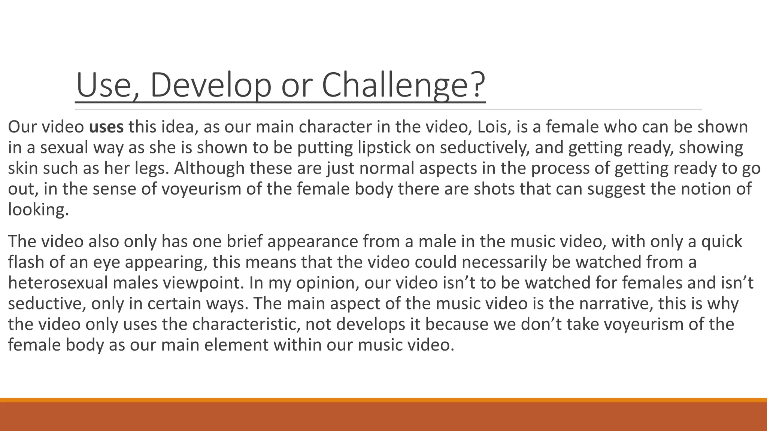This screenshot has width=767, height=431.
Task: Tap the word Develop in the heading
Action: tap(210, 86)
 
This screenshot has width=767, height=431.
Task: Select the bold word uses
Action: tap(106, 127)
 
